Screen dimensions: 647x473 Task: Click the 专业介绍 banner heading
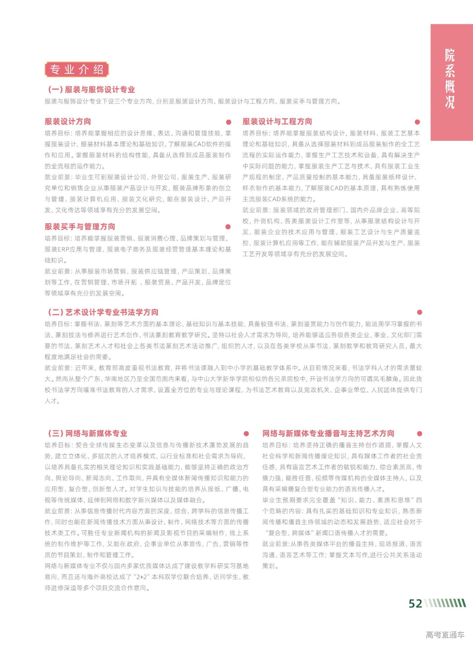pyautogui.click(x=76, y=69)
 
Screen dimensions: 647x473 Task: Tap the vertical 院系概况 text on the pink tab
pyautogui.click(x=450, y=78)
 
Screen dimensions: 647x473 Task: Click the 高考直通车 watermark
pyautogui.click(x=445, y=634)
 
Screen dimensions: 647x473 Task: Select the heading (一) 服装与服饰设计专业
pyautogui.click(x=91, y=90)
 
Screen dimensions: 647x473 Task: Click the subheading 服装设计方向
pyautogui.click(x=68, y=122)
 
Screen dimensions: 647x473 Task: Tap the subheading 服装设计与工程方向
pyautogui.click(x=277, y=122)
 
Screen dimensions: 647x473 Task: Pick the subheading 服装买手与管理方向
pyautogui.click(x=80, y=227)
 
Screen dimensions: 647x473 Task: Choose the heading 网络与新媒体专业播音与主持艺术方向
pyautogui.click(x=328, y=433)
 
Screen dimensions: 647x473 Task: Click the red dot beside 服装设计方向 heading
pyautogui.click(x=229, y=122)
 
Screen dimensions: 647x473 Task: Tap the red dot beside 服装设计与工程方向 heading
pyautogui.click(x=417, y=122)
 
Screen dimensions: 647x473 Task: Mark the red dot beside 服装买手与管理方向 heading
pyautogui.click(x=228, y=227)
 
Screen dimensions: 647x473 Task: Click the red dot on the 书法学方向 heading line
pyautogui.click(x=420, y=312)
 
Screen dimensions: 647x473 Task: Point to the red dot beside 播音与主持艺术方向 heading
pyautogui.click(x=420, y=434)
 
